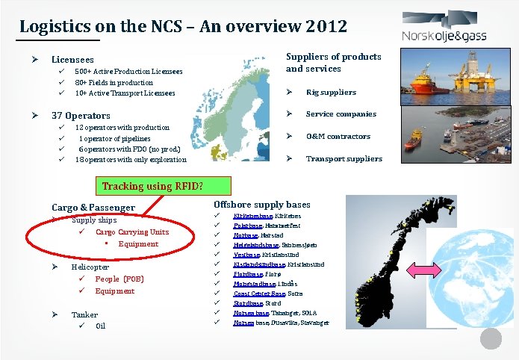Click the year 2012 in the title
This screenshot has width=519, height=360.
[x=326, y=26]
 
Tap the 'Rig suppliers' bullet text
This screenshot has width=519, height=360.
[x=331, y=93]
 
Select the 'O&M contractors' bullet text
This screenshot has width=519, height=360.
[x=338, y=136]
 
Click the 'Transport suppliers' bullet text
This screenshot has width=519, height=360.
[x=344, y=158]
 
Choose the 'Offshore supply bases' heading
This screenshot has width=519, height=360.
[x=261, y=205]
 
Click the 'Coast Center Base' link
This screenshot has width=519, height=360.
[x=255, y=294]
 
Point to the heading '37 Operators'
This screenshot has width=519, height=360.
[x=81, y=116]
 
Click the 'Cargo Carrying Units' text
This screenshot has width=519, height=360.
[x=127, y=232]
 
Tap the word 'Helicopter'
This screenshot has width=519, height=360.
[x=90, y=267]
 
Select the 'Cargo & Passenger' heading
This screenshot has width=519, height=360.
[x=93, y=208]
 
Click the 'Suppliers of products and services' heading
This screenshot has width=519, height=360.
[x=333, y=62]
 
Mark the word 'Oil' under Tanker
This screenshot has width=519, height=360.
[x=101, y=326]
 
